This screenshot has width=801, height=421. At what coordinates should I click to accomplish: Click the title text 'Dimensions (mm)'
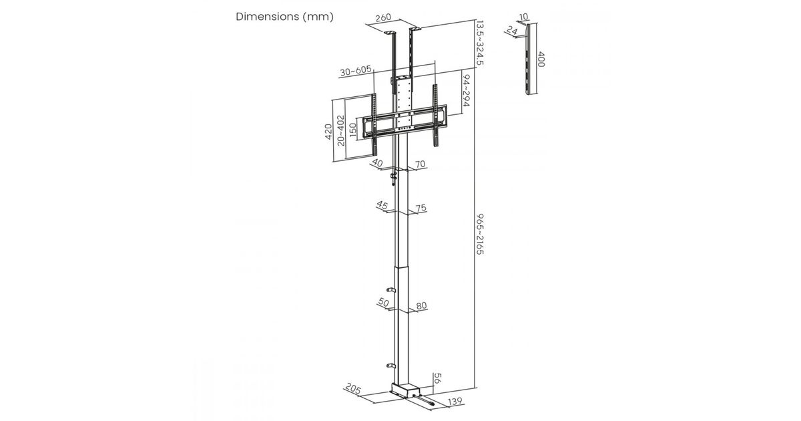[x=284, y=17]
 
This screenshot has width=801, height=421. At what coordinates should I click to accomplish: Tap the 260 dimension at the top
[x=383, y=17]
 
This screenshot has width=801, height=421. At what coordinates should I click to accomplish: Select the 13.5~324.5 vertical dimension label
[x=480, y=43]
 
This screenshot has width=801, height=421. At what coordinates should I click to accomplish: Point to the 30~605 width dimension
[x=356, y=71]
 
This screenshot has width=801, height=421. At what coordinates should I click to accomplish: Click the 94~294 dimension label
[x=467, y=90]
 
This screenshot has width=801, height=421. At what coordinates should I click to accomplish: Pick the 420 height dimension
[x=328, y=132]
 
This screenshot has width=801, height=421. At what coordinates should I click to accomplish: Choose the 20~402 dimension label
[x=341, y=130]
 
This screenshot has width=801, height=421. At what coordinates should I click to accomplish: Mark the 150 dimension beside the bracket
[x=352, y=130]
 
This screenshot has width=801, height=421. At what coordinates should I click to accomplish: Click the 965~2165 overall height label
[x=480, y=234]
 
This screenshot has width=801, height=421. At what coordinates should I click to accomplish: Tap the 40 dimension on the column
[x=378, y=163]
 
